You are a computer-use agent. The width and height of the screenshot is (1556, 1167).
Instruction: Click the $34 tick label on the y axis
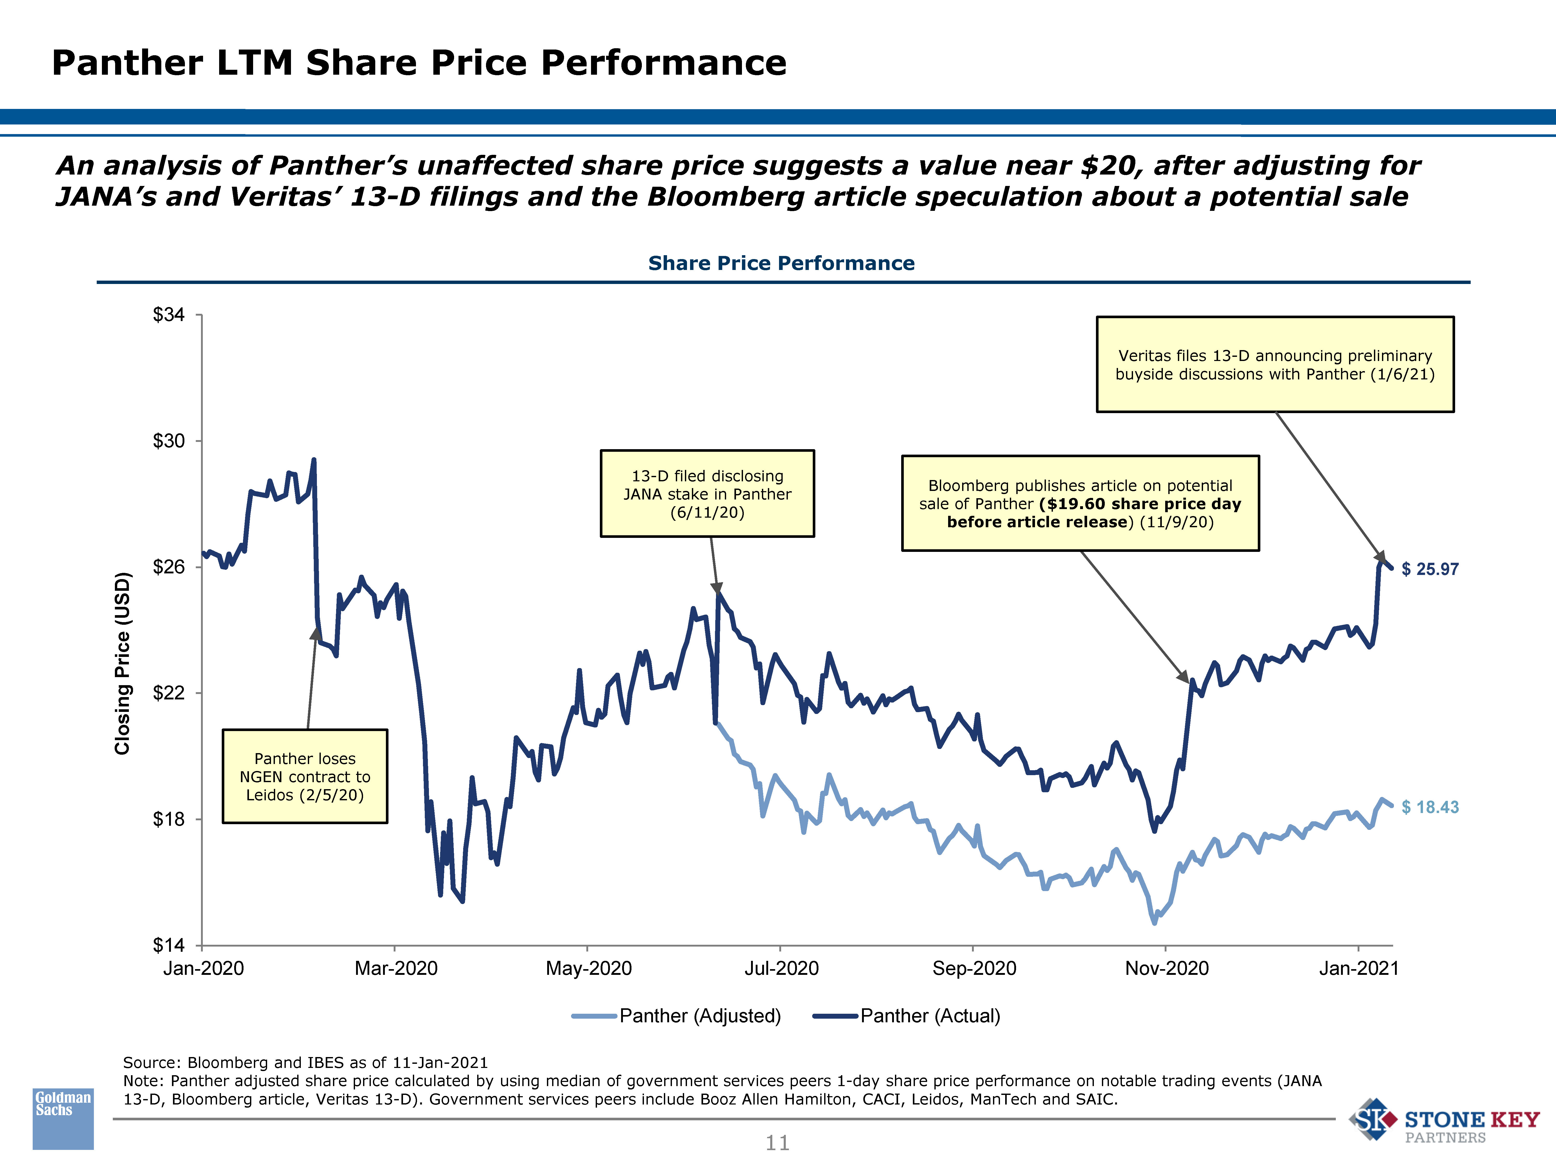[x=169, y=315]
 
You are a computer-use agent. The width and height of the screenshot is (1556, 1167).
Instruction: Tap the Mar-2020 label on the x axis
[x=396, y=969]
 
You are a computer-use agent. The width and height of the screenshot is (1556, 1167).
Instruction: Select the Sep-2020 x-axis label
[x=974, y=969]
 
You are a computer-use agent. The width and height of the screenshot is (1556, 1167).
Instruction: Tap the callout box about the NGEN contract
[x=305, y=777]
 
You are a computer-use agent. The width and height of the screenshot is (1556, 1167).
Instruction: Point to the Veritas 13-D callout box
[x=1275, y=364]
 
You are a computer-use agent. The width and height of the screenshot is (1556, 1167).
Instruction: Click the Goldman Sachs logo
[x=63, y=1119]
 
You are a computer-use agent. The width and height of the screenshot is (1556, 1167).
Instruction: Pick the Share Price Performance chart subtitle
[x=781, y=263]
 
